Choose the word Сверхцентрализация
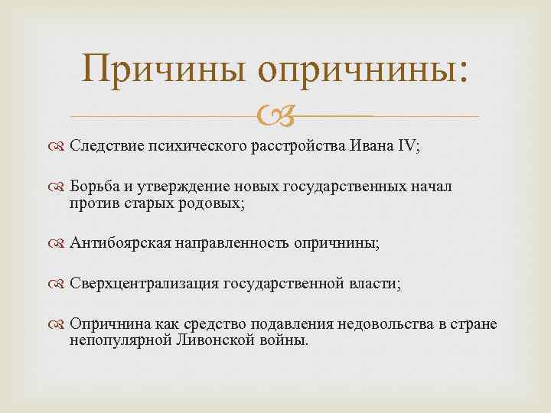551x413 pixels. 143,284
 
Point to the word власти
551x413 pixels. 375,284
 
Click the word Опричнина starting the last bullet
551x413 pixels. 105,324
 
